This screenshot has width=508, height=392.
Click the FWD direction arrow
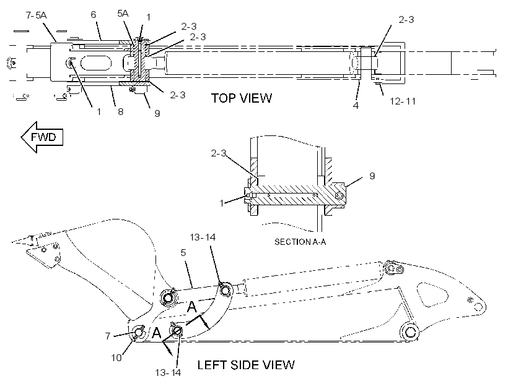click(42, 137)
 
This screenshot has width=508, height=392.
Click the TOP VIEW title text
click(242, 98)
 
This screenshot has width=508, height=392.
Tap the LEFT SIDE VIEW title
click(246, 365)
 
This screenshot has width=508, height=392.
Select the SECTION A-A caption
click(300, 242)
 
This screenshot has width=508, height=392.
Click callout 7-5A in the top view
click(37, 15)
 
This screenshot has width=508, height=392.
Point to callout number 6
click(94, 15)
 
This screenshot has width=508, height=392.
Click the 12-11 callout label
click(403, 101)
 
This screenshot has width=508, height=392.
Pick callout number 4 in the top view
click(356, 106)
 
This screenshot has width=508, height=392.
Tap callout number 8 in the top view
click(121, 111)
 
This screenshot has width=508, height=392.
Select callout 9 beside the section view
click(372, 176)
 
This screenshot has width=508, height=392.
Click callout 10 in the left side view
click(116, 358)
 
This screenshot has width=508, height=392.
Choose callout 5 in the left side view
click(183, 253)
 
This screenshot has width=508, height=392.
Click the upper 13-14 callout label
click(203, 237)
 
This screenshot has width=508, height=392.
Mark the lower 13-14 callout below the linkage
click(168, 373)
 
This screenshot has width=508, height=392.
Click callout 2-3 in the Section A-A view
click(218, 153)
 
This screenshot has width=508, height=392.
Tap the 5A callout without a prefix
click(123, 13)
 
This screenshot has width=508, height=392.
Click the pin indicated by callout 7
click(139, 332)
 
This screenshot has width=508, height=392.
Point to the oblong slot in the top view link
click(96, 62)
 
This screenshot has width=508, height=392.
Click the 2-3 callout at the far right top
click(406, 20)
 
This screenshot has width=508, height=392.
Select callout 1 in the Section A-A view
click(222, 203)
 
